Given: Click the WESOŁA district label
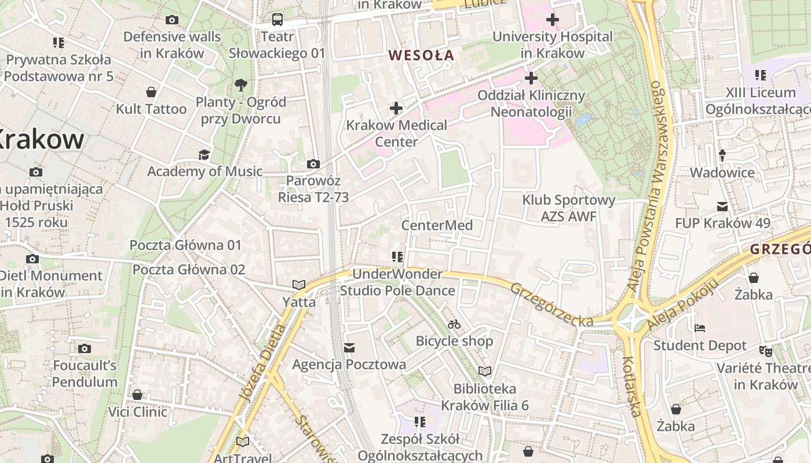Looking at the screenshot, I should point(421,56).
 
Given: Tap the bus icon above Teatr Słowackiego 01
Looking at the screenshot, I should point(277,20).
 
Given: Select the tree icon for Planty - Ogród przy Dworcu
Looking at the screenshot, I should point(241,86).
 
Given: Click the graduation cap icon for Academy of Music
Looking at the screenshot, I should point(204,155).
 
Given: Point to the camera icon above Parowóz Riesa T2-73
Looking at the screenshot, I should point(313,164).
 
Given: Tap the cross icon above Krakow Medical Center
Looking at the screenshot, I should point(396,108).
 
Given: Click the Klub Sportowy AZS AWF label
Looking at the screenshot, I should point(568,208).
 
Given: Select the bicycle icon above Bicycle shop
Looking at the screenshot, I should point(454,324).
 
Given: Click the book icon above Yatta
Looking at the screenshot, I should point(299,285).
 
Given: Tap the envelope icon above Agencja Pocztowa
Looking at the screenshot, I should point(349,348).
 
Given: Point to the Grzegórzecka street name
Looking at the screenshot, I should point(551,304).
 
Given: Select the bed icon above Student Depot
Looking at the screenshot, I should point(700,328).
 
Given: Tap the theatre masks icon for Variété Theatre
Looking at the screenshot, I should point(766,351).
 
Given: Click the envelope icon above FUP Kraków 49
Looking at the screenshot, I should point(722,206).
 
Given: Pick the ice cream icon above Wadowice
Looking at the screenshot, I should point(722,155).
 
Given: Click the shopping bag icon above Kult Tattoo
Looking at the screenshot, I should point(151,92).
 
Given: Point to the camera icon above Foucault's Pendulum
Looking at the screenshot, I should point(85,348).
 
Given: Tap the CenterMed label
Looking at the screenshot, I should point(437,225).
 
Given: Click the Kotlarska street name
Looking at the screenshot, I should point(631,386).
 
